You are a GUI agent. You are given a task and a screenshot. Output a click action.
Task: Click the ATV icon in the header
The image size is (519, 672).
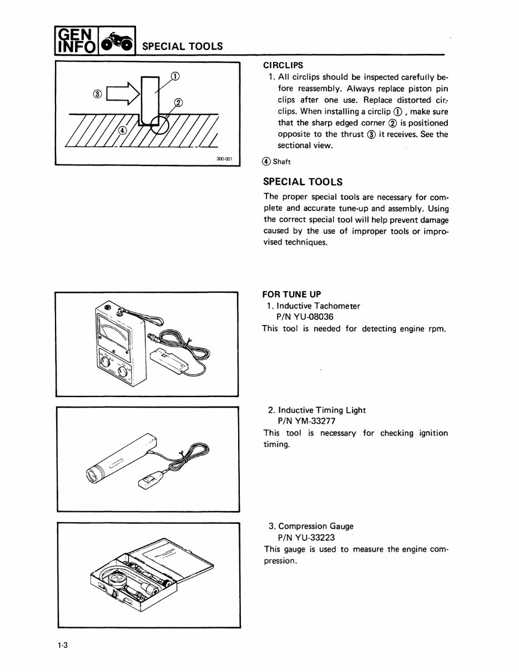(117, 42)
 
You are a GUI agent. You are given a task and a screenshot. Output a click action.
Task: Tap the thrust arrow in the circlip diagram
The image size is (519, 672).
(123, 92)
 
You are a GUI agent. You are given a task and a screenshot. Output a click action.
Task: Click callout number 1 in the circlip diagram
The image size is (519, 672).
(175, 77)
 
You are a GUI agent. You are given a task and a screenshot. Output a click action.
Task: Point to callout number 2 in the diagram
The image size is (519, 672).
(178, 103)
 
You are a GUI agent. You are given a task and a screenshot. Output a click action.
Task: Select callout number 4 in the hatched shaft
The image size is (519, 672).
(123, 131)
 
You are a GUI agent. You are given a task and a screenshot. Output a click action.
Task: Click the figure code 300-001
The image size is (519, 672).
(224, 159)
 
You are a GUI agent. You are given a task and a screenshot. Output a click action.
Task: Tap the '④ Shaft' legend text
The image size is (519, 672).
(276, 162)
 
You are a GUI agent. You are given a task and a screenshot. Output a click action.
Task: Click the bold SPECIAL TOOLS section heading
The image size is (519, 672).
(303, 182)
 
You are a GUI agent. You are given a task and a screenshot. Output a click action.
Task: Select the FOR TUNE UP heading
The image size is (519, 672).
(291, 294)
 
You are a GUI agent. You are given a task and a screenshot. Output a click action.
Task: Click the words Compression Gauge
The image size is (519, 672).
(315, 526)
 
